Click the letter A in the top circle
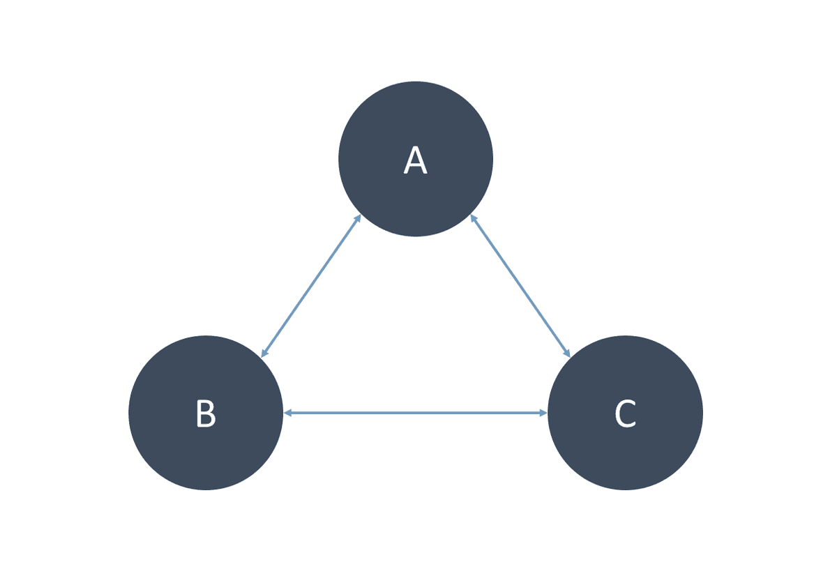coord(415,160)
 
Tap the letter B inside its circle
coord(206,413)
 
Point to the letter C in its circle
coord(625,413)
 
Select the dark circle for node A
coord(416,159)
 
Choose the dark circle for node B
coord(206,413)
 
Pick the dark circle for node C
coord(625,413)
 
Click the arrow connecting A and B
coord(311,286)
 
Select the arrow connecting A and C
coord(520,286)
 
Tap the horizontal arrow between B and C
coord(416,413)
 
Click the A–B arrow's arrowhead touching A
coord(358,218)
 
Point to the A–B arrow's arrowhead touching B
coord(264,353)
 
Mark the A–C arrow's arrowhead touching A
coord(473,218)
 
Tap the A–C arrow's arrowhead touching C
coord(567,353)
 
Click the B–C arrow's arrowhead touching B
coord(287,413)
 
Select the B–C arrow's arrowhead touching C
coord(543,413)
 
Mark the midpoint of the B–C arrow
coord(416,413)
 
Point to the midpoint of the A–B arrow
coord(311,286)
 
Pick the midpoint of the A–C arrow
coord(520,286)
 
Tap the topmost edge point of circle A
coord(416,82)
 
